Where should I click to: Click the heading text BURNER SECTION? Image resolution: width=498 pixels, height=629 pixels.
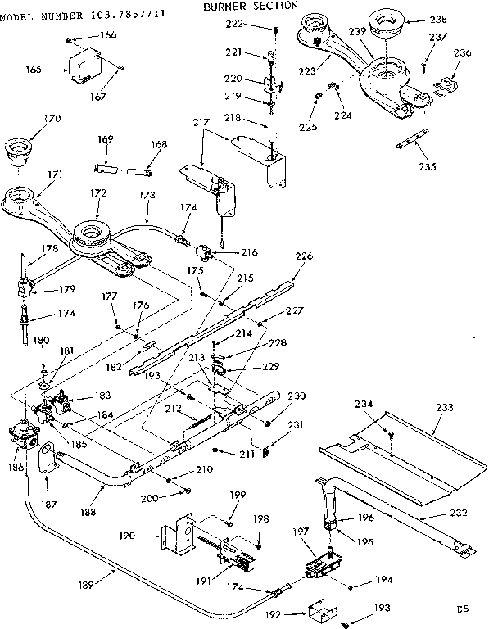(250, 6)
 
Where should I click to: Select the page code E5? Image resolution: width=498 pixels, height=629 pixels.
(464, 609)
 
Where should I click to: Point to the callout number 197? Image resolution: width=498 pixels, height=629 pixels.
(301, 532)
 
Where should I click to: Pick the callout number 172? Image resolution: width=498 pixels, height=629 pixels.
(98, 193)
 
